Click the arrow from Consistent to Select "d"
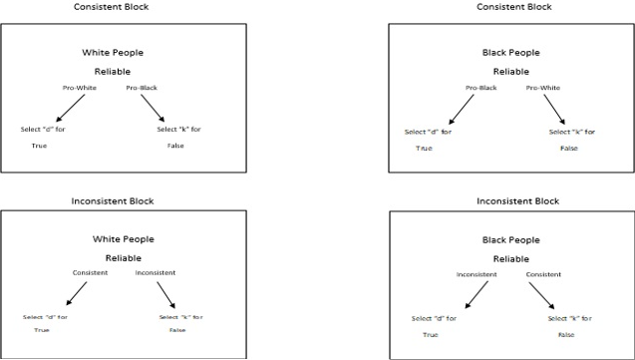pos(68,293)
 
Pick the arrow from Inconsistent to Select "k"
pos(163,293)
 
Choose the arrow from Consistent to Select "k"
pos(541,296)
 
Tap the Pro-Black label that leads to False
pos(143,89)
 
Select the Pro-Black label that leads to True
pos(481,88)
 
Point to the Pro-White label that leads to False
pos(543,88)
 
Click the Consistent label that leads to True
pos(90,272)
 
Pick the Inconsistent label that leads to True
pos(476,274)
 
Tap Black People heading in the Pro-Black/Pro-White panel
pos(510,52)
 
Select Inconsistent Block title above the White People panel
pos(113,201)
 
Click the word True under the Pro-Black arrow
pos(424,148)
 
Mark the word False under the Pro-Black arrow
pos(175,146)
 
